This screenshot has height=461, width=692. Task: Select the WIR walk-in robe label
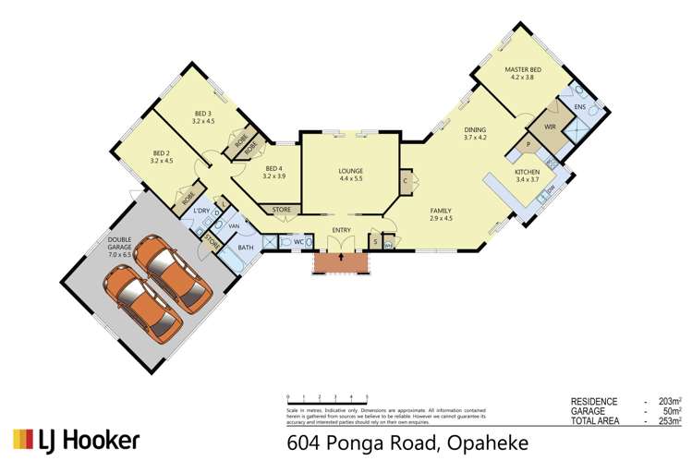pos(550,127)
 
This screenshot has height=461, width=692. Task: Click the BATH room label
pos(246,248)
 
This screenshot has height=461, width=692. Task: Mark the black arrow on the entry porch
pos(341,258)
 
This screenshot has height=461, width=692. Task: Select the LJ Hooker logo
pos(77,439)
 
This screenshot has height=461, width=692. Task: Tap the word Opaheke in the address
pos(486,439)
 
